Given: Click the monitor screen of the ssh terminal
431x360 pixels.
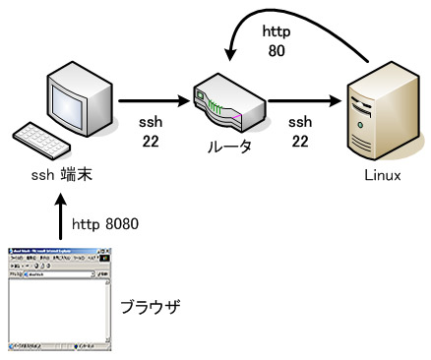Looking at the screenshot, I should [x=79, y=95].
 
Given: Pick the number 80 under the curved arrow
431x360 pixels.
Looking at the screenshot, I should [x=276, y=50].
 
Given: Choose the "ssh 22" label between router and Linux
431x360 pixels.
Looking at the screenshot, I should [x=297, y=134].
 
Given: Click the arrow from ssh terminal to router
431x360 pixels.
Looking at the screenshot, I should [x=157, y=98].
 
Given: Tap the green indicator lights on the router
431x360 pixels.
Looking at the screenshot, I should [x=218, y=102].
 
